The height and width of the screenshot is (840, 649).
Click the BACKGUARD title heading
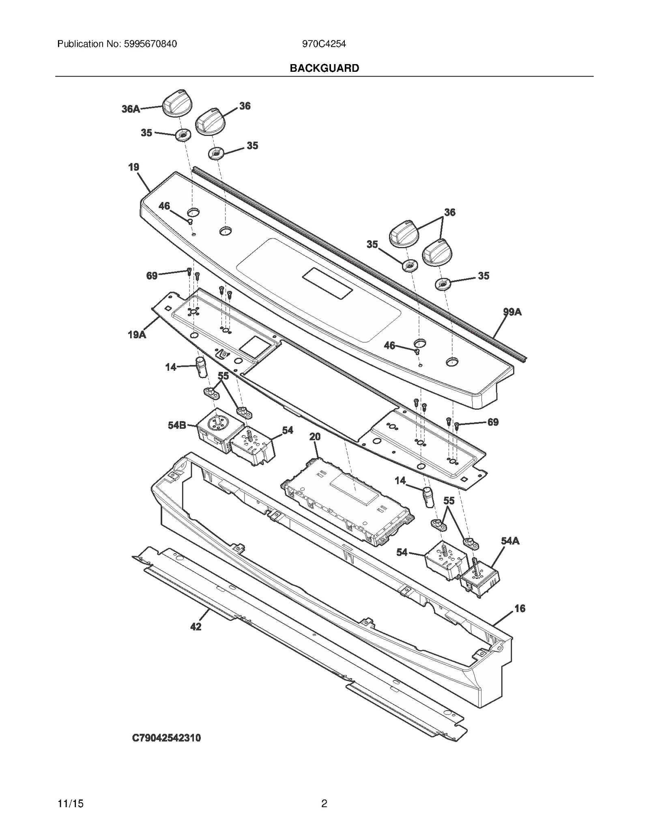tap(324, 68)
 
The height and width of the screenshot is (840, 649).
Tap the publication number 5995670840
tap(149, 44)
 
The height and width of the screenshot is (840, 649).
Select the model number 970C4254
tap(324, 44)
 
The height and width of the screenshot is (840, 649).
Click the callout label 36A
tap(131, 109)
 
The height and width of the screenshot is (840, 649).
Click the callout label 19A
tap(137, 335)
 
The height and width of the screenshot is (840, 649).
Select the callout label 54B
tap(177, 425)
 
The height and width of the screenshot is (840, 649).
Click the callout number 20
tap(315, 436)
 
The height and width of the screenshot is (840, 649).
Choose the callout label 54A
tap(510, 541)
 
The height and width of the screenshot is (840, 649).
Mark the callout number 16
tap(520, 620)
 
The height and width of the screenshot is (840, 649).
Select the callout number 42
tap(196, 627)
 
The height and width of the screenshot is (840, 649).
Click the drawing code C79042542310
tap(166, 738)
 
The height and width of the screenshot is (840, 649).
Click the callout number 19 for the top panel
tap(133, 167)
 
